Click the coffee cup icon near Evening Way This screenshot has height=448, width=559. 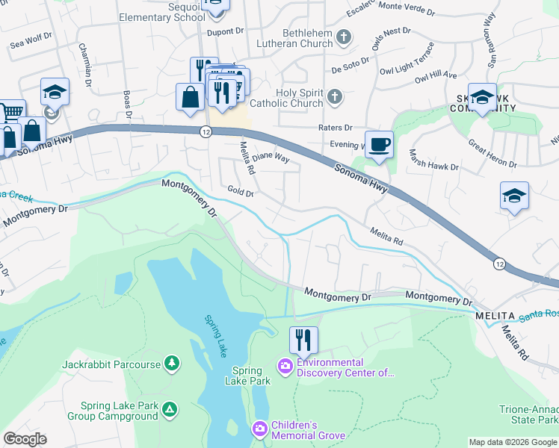coord(380,143)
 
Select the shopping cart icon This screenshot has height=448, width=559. coord(11,112)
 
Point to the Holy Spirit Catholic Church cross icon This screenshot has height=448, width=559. coord(336,96)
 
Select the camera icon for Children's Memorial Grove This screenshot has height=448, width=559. coord(259,429)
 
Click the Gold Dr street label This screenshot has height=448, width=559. coord(241,193)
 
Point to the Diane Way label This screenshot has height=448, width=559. coord(270,158)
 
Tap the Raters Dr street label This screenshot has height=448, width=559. coord(335,128)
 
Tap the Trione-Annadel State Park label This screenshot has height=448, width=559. coord(529,415)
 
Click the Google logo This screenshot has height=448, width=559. coord(25,439)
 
